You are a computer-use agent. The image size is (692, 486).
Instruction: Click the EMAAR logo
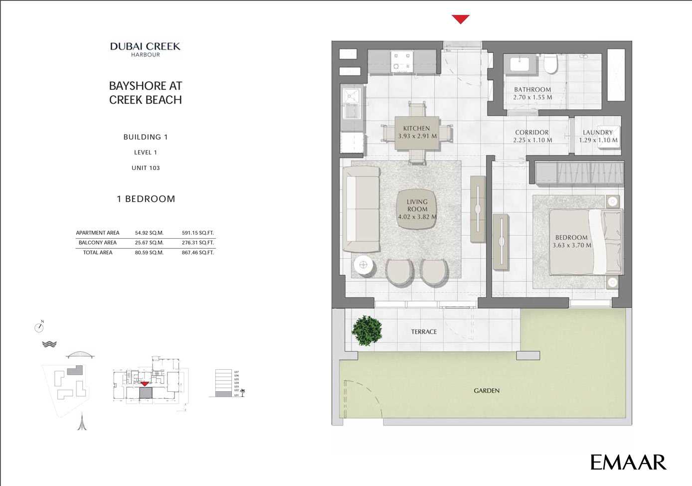(x=628, y=462)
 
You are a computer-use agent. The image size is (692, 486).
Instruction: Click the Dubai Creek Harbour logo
(x=145, y=49)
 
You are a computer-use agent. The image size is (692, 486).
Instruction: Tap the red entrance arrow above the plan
(x=460, y=19)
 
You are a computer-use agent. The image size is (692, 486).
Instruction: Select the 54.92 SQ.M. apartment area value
(x=149, y=233)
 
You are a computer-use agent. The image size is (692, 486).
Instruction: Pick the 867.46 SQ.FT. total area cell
(x=198, y=253)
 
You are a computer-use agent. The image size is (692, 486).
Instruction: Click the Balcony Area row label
(x=98, y=243)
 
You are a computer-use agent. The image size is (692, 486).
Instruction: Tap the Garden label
(x=487, y=391)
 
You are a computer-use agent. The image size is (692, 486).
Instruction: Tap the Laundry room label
(x=597, y=133)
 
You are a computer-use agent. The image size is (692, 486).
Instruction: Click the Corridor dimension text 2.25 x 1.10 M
(x=532, y=140)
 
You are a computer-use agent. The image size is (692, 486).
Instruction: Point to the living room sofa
(x=361, y=209)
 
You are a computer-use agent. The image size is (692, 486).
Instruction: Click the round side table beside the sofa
(x=363, y=265)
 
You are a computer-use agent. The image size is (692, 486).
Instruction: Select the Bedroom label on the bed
(x=571, y=238)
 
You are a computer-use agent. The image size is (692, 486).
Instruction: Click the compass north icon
(x=39, y=327)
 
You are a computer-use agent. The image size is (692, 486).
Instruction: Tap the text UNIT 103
(x=146, y=168)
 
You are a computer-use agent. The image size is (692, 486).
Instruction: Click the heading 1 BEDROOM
(x=146, y=199)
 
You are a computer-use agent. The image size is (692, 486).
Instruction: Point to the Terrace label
(x=424, y=331)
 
